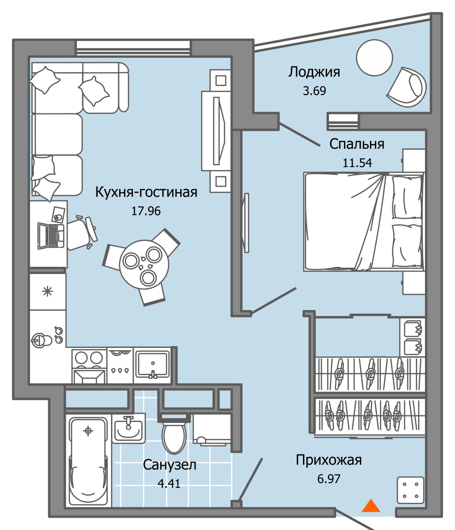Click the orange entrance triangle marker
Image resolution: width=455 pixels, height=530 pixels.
pos(371,506)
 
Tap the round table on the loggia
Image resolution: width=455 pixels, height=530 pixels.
pos(374,58)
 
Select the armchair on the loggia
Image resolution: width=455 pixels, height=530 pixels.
pos(408,87)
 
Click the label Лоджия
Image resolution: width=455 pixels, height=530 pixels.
pos(314,72)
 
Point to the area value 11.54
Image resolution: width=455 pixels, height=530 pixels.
pos(357,163)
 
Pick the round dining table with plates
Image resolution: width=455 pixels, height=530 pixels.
pos(141,264)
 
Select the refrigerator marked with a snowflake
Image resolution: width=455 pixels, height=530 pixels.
pos(47,291)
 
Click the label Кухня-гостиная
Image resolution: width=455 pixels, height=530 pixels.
pos(146,193)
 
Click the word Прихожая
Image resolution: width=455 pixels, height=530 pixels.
pos(329,460)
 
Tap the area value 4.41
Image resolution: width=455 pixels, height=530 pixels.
pos(169,483)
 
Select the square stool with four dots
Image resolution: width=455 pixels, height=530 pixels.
pos(410,490)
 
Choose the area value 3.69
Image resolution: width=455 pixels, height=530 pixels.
pos(314,91)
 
